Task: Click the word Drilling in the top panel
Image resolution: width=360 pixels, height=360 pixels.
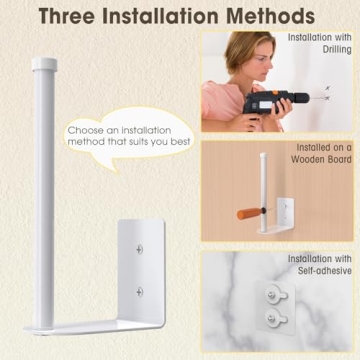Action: pos(337,50)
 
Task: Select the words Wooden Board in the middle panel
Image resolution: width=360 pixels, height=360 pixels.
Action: pos(321,159)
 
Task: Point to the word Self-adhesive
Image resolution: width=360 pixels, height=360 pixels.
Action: pos(325,270)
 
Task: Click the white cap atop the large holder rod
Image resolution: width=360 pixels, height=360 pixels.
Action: pos(44,64)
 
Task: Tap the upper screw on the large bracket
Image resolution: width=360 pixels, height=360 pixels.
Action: pos(140,249)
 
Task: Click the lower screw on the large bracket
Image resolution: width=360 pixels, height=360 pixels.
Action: pos(140,292)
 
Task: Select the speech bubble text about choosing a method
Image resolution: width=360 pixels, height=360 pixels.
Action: pos(129,135)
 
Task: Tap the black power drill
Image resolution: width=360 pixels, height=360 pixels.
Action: pos(274,102)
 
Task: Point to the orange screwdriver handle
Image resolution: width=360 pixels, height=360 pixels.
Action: pos(250,213)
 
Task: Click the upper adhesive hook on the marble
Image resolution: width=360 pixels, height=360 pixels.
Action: pos(276,295)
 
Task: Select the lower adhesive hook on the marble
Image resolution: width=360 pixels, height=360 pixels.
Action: pos(276,315)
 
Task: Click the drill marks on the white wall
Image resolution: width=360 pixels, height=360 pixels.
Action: pos(327,93)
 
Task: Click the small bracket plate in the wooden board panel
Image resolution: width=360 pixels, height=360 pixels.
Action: pos(286,212)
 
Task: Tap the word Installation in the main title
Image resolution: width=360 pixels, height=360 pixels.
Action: pos(163,15)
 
